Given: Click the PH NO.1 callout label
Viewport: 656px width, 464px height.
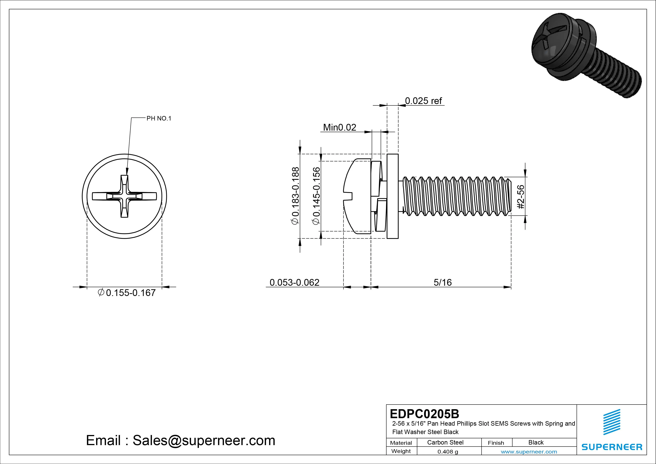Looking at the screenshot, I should coord(159,118).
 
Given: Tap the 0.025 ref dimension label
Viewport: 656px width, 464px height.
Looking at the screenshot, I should coord(423,101).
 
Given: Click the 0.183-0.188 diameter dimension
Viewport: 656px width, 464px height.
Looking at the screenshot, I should coord(295,196).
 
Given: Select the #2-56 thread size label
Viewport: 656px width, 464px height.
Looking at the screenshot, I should coord(521,197).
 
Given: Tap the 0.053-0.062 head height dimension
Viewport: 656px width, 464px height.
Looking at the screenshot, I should coord(294,283).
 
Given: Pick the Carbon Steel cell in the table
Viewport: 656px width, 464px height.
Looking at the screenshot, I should coord(445,442).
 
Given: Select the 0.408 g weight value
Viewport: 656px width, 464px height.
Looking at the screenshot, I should coord(447,452).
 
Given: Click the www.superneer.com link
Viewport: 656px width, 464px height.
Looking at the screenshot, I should coord(529,452).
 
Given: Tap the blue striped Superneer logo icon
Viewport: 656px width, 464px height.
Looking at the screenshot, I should coord(611,422).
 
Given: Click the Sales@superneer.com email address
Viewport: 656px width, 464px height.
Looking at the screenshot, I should coord(204,440).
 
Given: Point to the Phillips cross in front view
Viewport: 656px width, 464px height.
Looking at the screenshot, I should coord(124,196).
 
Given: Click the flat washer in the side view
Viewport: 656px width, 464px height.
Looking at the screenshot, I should coord(393,196).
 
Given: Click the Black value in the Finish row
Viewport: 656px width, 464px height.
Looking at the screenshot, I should coord(536,442).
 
